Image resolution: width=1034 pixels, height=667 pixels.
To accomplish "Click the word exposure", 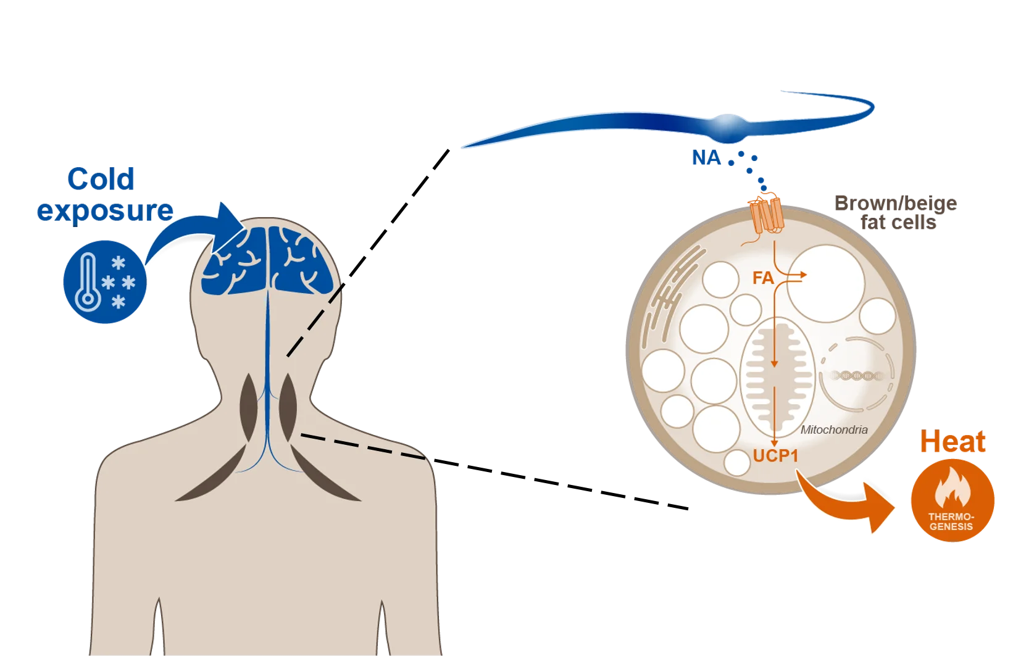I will tap(103, 211).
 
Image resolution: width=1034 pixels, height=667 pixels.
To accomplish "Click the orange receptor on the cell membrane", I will tap(764, 212).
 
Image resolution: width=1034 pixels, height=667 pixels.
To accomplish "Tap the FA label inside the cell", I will tap(763, 278).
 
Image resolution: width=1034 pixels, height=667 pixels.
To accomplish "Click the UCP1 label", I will tap(776, 456).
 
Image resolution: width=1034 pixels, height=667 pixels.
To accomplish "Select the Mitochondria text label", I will tap(834, 430).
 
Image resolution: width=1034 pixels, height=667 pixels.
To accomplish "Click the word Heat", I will tap(953, 442).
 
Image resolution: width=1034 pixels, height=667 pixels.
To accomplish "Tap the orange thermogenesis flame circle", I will tap(953, 499).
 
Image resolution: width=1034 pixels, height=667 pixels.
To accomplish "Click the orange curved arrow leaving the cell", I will tap(846, 500).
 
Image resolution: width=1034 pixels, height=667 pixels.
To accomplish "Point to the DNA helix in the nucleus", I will tap(855, 375).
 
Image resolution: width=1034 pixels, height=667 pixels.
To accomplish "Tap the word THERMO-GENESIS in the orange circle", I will tap(952, 521).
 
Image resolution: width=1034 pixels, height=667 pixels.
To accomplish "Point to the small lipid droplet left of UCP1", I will tap(736, 462).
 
